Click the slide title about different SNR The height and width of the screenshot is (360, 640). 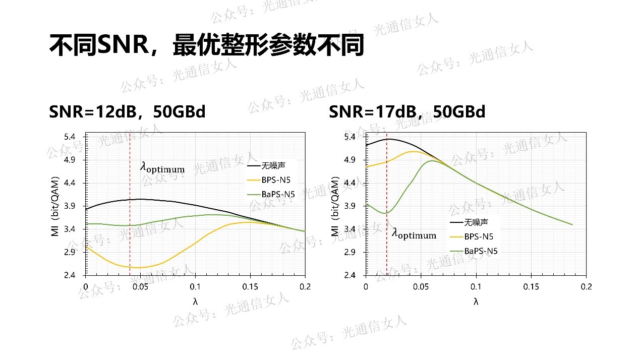coord(206,46)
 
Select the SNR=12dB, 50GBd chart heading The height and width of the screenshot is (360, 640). coord(127,111)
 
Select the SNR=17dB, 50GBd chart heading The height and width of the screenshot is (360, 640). coord(407,111)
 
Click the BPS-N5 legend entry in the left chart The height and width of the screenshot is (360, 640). coord(276,179)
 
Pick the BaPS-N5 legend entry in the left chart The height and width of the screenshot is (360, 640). coord(278,194)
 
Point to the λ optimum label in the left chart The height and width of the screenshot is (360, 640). coord(162,168)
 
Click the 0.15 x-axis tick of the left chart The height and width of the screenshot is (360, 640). coord(250,286)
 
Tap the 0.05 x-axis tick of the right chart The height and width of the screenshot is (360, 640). coord(421,286)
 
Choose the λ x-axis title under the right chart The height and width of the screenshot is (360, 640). coord(476,302)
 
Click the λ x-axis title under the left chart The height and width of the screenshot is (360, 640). coord(195,302)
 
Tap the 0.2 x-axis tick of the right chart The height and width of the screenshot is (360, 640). coord(586,286)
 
